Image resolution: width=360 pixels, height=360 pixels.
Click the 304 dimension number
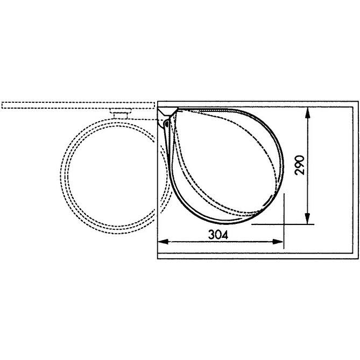coord(218,235)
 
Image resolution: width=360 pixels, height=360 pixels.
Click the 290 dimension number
coord(299,165)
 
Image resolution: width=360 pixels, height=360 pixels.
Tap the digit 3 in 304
coord(211,235)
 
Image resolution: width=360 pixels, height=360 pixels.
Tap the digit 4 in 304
coord(225,235)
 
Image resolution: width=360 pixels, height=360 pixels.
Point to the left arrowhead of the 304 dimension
coord(163,242)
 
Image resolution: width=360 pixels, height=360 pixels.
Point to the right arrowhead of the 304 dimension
coord(278,242)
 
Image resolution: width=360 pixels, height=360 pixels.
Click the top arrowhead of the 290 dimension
coord(307,113)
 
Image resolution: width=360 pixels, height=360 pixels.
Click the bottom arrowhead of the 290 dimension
coord(307,218)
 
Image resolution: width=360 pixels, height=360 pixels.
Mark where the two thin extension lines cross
coord(284,224)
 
